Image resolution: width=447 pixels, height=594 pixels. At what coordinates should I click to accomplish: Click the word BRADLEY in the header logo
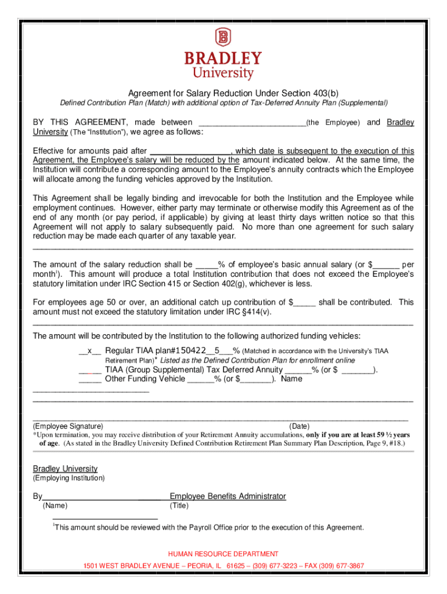pyautogui.click(x=223, y=59)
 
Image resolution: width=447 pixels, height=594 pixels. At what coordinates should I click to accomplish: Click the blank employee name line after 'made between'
pyautogui.click(x=252, y=123)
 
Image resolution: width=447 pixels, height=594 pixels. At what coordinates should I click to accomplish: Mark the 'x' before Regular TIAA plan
pyautogui.click(x=90, y=350)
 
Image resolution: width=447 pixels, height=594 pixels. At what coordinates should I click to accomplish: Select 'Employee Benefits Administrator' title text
pyautogui.click(x=228, y=496)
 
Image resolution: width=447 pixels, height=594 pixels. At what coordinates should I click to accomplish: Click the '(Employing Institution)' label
pyautogui.click(x=69, y=478)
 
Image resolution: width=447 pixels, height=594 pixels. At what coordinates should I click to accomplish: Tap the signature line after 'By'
pyautogui.click(x=102, y=497)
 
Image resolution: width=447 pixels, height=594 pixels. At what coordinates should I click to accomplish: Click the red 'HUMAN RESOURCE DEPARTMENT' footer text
pyautogui.click(x=223, y=554)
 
